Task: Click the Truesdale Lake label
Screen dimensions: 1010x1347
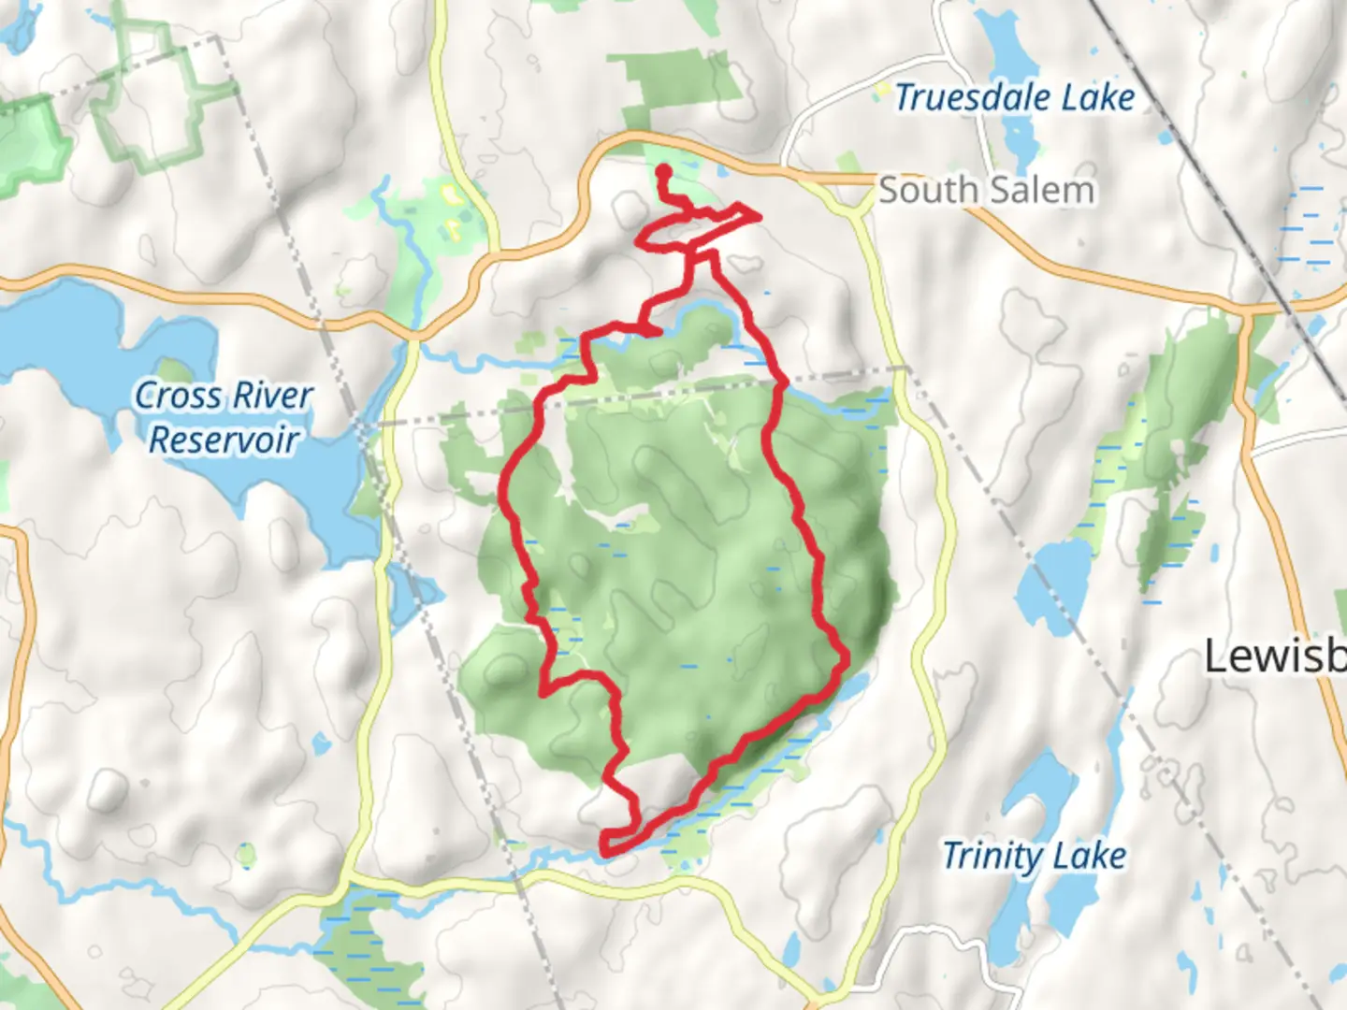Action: click(x=1014, y=97)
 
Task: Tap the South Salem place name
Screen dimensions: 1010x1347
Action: click(x=986, y=191)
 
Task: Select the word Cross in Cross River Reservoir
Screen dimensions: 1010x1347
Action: click(x=179, y=396)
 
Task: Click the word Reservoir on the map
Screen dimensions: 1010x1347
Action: click(x=224, y=440)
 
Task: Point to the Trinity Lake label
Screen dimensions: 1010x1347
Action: click(x=1034, y=856)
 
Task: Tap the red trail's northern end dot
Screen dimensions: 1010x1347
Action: click(x=663, y=172)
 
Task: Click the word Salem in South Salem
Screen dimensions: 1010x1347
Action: click(x=1040, y=191)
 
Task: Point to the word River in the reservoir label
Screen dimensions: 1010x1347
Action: click(x=271, y=396)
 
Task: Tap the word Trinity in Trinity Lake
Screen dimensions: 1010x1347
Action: click(x=992, y=856)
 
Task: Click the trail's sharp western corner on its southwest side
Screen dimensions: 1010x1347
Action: click(x=544, y=693)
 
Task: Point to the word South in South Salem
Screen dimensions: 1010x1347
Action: click(x=928, y=191)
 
